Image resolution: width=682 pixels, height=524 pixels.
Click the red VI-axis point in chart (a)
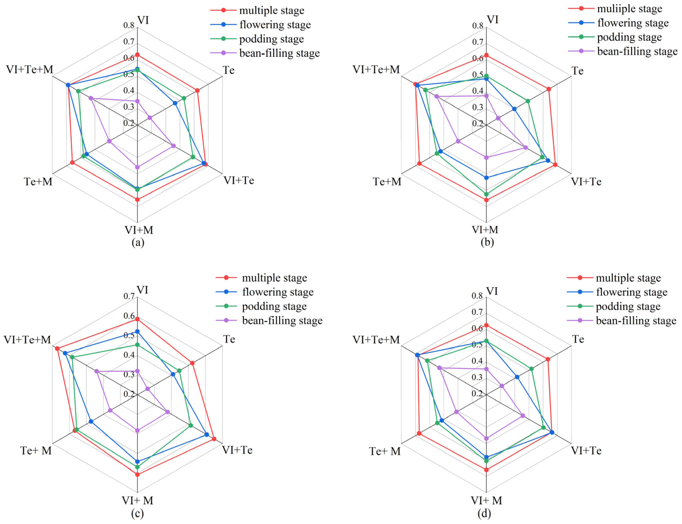pos(137,55)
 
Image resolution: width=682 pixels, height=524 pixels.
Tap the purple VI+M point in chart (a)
pos(137,167)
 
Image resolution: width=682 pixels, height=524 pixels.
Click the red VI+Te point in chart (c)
pos(214,439)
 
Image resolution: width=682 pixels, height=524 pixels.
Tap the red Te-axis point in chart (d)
pos(547,359)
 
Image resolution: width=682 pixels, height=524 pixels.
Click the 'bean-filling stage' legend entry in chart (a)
pos(279,53)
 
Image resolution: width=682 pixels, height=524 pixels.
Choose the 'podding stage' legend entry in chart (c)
pos(274,306)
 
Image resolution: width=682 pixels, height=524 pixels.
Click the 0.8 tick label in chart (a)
pos(129,25)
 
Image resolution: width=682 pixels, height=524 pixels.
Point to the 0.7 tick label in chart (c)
pos(129,296)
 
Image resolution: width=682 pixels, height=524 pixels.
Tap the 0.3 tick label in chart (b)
pos(478,107)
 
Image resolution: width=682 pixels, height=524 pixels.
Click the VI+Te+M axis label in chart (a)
pos(30,69)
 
